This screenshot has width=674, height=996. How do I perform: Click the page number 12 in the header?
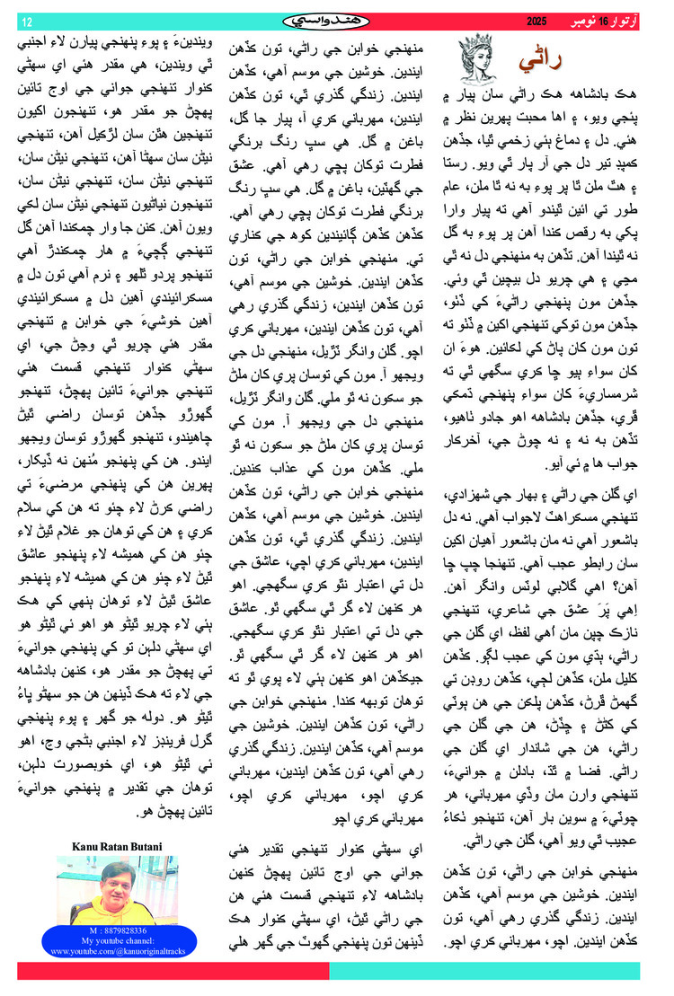(26, 21)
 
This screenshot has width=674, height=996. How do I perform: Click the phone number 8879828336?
(117, 931)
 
